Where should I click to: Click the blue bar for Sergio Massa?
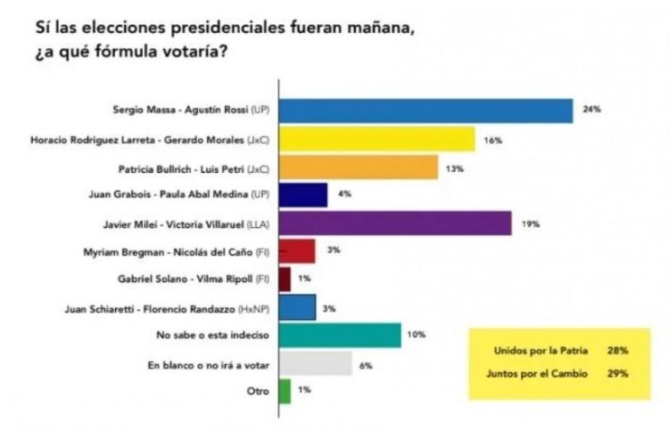click(x=426, y=110)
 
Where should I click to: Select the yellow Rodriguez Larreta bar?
click(x=377, y=140)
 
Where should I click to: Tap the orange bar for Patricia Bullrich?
click(x=359, y=167)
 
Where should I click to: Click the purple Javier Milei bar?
click(x=396, y=223)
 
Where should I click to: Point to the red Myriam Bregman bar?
click(x=298, y=251)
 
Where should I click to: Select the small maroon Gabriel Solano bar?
click(x=285, y=279)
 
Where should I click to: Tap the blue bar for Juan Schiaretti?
click(x=298, y=307)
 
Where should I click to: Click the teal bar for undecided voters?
click(x=340, y=335)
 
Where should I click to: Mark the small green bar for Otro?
click(x=285, y=391)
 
